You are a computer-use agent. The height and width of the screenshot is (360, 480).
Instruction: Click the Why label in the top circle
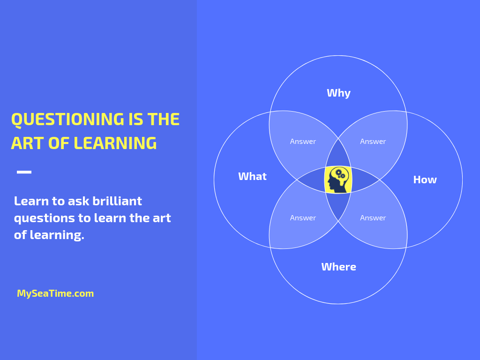[x=338, y=93]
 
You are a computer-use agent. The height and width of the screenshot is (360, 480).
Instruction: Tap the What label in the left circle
[x=252, y=176]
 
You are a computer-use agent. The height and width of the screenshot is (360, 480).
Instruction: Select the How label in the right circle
[x=425, y=180]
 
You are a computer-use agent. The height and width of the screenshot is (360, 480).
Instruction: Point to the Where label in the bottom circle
[x=338, y=267]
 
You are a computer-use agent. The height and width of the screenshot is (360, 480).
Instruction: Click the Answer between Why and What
[x=303, y=142]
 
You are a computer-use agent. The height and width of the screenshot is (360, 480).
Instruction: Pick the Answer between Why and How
[x=373, y=142]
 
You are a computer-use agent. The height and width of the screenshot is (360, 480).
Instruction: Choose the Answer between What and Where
[x=303, y=217]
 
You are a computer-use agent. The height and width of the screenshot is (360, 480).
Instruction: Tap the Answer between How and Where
[x=373, y=217]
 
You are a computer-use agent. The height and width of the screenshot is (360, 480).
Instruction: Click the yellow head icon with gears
[x=338, y=180]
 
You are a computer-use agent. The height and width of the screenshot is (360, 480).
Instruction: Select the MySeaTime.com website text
[x=55, y=293]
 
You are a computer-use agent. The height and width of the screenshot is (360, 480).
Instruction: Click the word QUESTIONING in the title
[x=67, y=120]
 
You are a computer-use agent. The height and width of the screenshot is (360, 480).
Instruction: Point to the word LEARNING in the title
[x=115, y=143]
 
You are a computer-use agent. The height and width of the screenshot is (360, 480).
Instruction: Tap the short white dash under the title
[x=24, y=172]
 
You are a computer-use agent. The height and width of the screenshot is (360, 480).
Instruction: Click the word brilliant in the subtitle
[x=117, y=201]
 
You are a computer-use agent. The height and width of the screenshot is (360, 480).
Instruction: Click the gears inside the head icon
[x=340, y=174]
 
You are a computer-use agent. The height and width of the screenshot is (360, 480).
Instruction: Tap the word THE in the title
[x=163, y=120]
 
